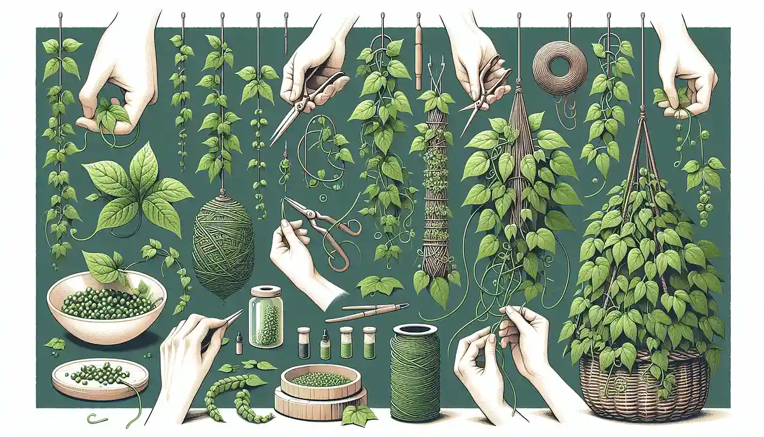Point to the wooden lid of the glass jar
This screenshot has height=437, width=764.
(x=266, y=294)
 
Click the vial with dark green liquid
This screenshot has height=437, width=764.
(x=304, y=343)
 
